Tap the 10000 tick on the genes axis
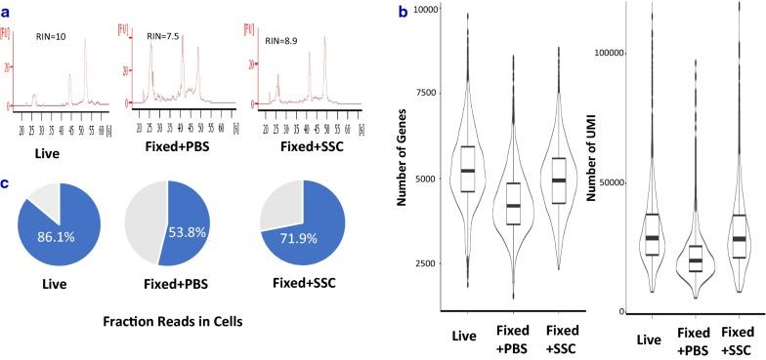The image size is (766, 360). pos(417,9)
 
